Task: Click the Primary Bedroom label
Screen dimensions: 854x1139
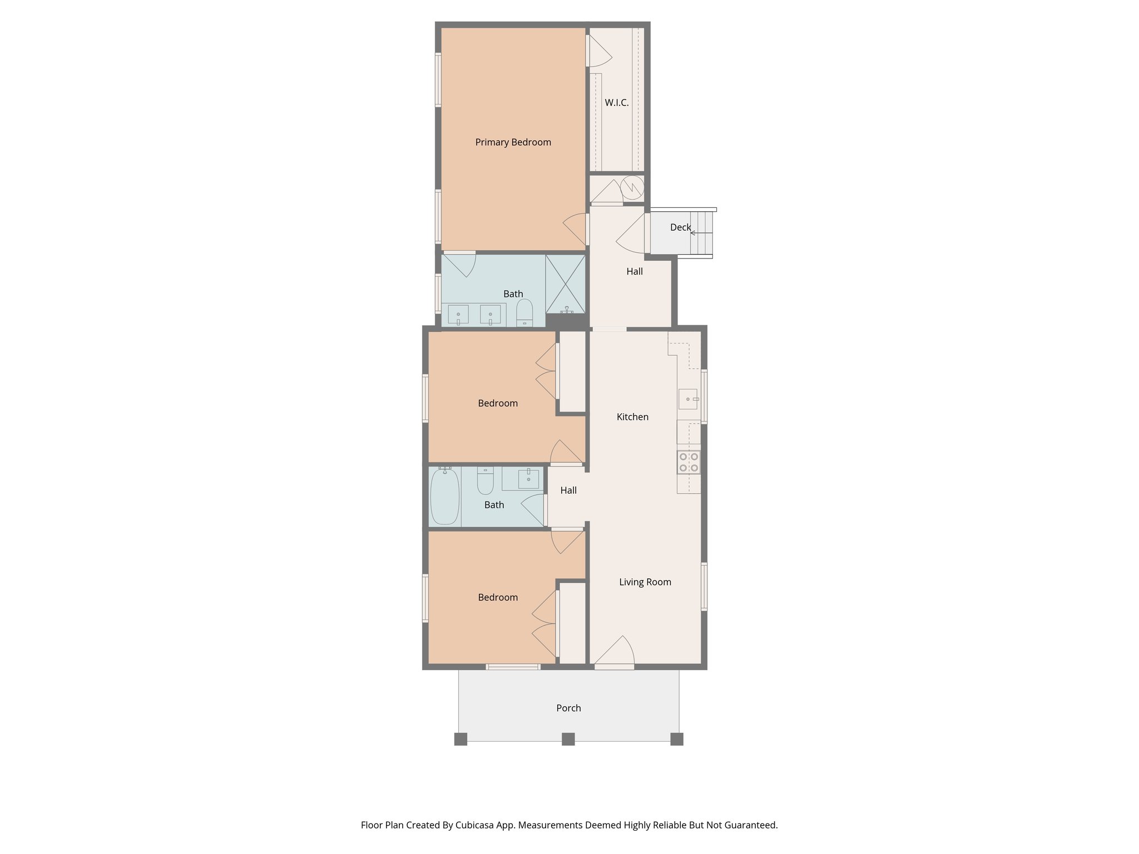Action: [x=513, y=142]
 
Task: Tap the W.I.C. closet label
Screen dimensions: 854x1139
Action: [x=616, y=103]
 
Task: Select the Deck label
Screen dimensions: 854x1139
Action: [x=680, y=227]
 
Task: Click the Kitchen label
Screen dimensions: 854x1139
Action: [x=632, y=417]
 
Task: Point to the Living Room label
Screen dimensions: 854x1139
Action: [x=645, y=582]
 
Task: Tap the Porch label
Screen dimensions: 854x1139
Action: [x=568, y=708]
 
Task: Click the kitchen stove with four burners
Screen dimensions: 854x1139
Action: [x=689, y=463]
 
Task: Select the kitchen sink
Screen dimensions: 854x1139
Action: [x=688, y=399]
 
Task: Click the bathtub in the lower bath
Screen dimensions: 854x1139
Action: [x=445, y=496]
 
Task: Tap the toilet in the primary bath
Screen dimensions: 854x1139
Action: [x=524, y=313]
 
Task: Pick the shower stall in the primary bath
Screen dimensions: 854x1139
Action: [x=566, y=284]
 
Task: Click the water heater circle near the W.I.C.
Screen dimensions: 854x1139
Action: [x=632, y=187]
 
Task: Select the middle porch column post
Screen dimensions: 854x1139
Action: [x=568, y=739]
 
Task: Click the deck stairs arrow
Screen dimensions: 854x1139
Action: [x=694, y=233]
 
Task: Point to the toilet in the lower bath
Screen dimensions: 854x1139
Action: [x=486, y=481]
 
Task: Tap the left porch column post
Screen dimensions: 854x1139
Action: [x=460, y=739]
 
